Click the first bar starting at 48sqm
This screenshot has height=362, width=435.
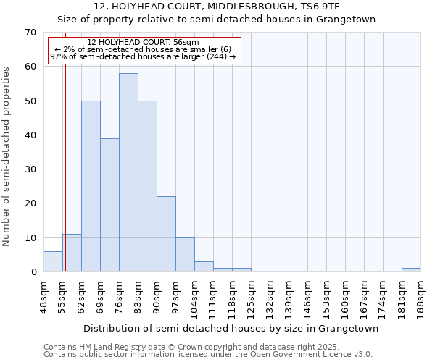pos(53,261)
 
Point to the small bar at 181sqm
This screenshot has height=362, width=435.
pos(411,270)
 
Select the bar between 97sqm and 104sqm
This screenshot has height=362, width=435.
pos(185,255)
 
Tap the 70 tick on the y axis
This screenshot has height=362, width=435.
pos(30,33)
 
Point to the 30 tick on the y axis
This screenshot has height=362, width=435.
pos(30,169)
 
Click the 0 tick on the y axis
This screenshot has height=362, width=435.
pos(33,272)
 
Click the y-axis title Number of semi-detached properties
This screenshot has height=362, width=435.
pos(7,156)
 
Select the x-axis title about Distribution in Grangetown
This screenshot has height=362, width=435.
pos(231,329)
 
